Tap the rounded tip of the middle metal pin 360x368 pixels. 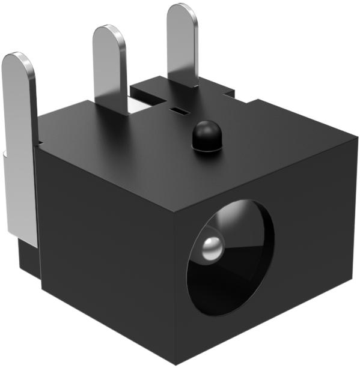coord(109,34)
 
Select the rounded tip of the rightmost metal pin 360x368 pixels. coord(182,12)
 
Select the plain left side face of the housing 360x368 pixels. coord(102,264)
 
